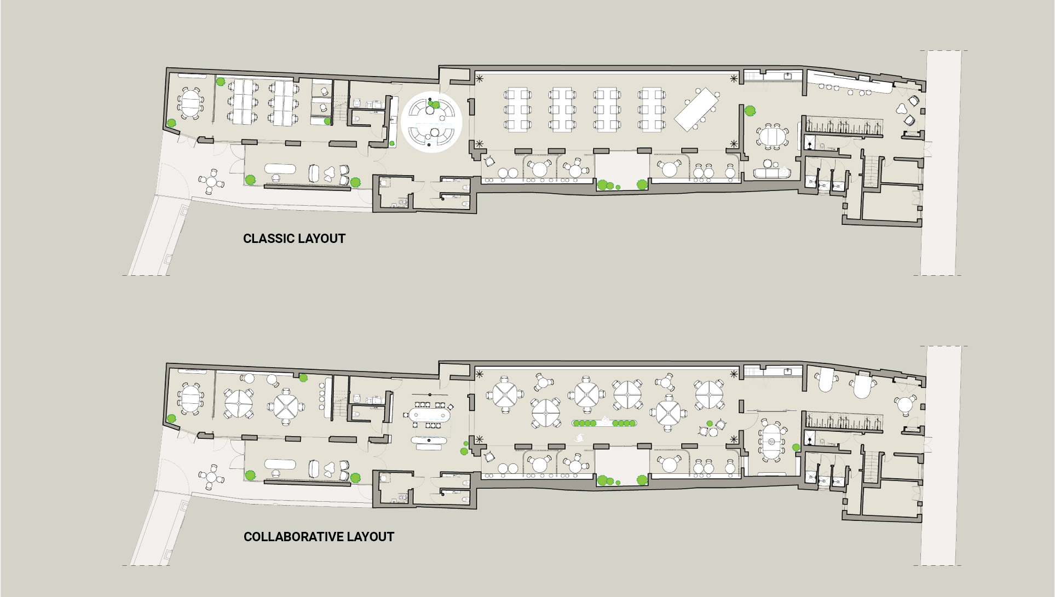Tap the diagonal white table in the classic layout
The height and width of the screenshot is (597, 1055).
pyautogui.click(x=696, y=109)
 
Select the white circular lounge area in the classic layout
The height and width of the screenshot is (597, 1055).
pyautogui.click(x=431, y=121)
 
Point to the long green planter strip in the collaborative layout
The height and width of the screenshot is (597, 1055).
pyautogui.click(x=605, y=423)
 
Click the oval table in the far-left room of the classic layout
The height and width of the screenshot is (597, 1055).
pyautogui.click(x=190, y=103)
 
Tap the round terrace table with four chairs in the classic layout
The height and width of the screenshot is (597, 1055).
pyautogui.click(x=211, y=181)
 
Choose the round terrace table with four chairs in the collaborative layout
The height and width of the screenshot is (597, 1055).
pyautogui.click(x=211, y=477)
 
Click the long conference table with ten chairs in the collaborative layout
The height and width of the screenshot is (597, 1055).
pyautogui.click(x=430, y=415)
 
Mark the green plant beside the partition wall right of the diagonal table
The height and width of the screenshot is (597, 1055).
pyautogui.click(x=750, y=111)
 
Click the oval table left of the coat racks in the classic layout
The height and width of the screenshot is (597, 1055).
pyautogui.click(x=772, y=137)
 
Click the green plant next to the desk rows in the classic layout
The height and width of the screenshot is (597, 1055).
pyautogui.click(x=221, y=82)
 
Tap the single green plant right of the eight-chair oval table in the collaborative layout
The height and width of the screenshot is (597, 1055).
pyautogui.click(x=796, y=448)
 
